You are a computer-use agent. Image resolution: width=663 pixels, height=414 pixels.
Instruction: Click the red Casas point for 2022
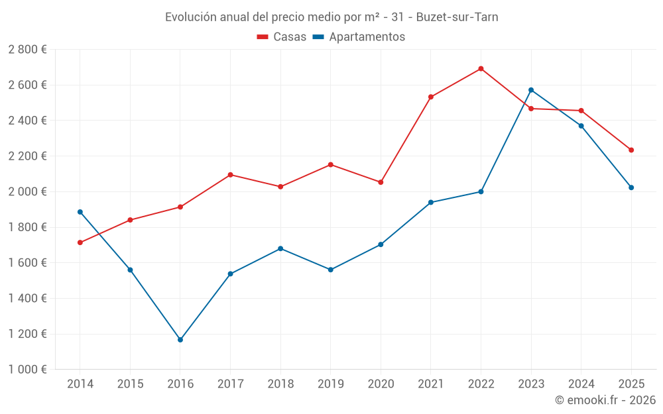(x=481, y=69)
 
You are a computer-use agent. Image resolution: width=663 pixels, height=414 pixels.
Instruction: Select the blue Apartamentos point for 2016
(x=180, y=340)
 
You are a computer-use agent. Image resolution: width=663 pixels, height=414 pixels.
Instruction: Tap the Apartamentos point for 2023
(x=531, y=90)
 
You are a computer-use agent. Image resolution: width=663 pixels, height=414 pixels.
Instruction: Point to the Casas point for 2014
(x=80, y=242)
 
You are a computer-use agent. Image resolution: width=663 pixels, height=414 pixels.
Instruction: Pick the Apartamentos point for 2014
(x=80, y=212)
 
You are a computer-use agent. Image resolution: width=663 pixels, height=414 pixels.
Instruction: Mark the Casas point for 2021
(x=431, y=97)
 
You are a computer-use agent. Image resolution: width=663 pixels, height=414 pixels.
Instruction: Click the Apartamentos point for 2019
(x=331, y=270)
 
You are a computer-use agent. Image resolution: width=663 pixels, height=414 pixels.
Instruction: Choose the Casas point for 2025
(x=631, y=150)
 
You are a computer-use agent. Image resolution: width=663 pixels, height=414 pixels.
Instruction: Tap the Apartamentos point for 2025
(x=631, y=187)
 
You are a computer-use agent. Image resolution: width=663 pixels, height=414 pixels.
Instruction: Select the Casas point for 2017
(x=230, y=175)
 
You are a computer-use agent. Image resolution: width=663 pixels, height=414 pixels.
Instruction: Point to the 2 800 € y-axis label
(x=27, y=50)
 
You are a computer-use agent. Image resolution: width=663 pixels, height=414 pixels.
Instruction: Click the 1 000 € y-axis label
(x=27, y=370)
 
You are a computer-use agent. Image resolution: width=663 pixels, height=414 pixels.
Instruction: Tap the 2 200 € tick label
(x=27, y=156)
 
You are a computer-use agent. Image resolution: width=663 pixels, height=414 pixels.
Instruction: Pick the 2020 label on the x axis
(x=381, y=384)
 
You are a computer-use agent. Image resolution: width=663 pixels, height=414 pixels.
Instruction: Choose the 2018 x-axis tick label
(x=280, y=384)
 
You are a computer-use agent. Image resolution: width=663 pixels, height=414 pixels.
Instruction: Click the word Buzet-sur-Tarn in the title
(x=457, y=17)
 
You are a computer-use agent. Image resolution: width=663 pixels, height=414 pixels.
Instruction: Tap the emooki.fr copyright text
(x=605, y=400)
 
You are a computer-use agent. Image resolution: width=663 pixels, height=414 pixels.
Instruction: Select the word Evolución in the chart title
(x=190, y=17)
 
